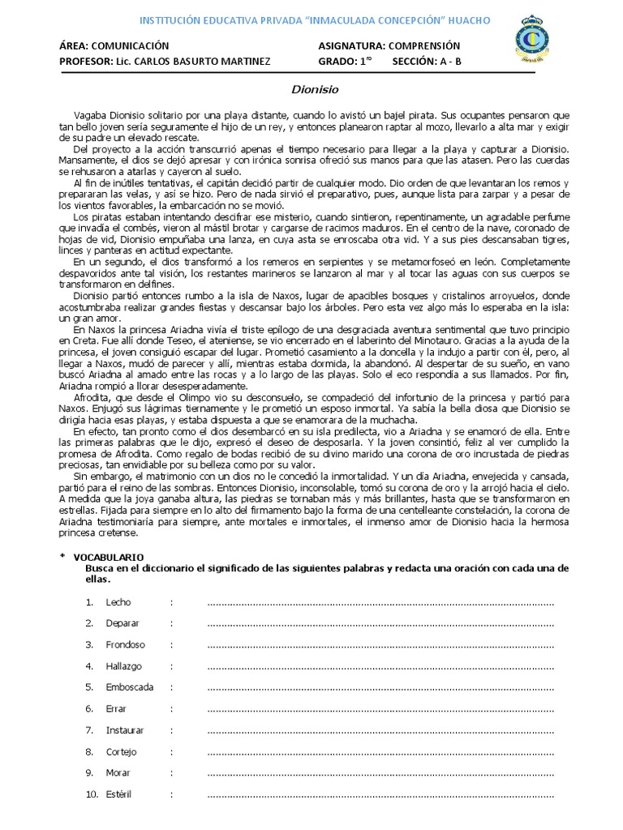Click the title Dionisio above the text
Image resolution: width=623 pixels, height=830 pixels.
click(311, 90)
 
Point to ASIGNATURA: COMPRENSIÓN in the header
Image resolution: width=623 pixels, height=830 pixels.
click(389, 46)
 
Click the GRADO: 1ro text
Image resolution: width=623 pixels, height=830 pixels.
click(345, 61)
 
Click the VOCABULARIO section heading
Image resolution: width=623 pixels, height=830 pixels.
click(109, 558)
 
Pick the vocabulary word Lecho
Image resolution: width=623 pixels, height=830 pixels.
click(118, 603)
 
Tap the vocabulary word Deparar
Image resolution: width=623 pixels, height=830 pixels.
click(122, 624)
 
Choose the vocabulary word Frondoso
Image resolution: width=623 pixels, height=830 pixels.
click(125, 645)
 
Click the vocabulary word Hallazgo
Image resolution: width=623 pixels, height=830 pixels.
click(123, 666)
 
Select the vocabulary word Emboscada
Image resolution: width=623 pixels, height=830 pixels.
click(129, 687)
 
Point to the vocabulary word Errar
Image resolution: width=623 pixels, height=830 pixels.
click(117, 709)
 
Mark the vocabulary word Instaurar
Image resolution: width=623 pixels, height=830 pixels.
click(125, 730)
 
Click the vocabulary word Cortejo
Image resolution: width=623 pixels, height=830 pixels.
click(121, 751)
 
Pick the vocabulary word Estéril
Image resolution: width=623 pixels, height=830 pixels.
click(119, 794)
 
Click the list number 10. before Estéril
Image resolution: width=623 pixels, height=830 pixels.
click(91, 794)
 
